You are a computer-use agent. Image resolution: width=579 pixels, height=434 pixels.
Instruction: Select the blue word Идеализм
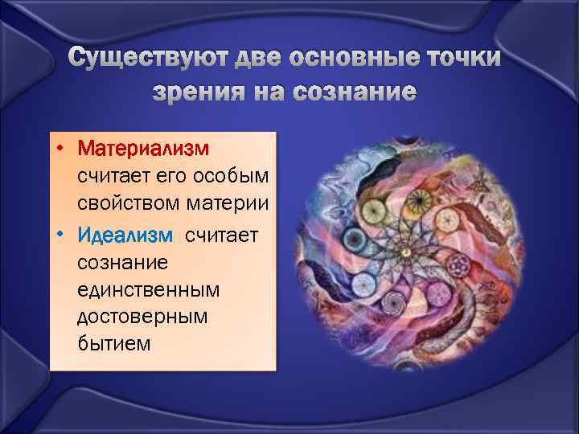[125, 235]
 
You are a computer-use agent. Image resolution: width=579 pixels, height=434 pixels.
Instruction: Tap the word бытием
[113, 344]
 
